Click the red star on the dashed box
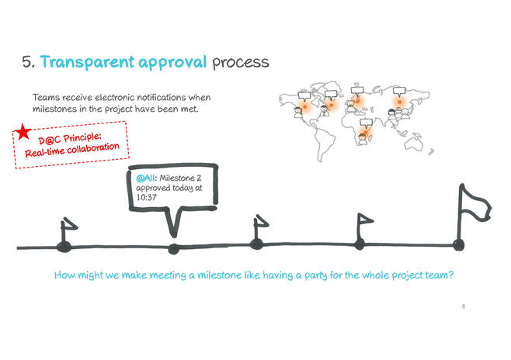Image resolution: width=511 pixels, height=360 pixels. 23,131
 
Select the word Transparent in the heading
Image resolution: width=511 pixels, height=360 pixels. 87,62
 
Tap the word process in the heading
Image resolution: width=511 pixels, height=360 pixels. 241,63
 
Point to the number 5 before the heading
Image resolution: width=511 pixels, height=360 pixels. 28,62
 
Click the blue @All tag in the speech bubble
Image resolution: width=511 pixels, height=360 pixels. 145,178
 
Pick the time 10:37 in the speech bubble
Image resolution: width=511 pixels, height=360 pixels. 146,197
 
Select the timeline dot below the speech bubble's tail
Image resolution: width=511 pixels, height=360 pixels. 174,249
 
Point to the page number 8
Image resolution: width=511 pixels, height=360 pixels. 464,306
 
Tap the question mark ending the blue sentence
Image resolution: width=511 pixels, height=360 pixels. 451,275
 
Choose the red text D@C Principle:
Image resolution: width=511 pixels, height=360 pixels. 70,138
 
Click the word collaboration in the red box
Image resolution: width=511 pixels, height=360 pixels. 93,149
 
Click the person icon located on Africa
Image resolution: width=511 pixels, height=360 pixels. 362,139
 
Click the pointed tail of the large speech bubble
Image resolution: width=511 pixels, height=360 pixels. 174,236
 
